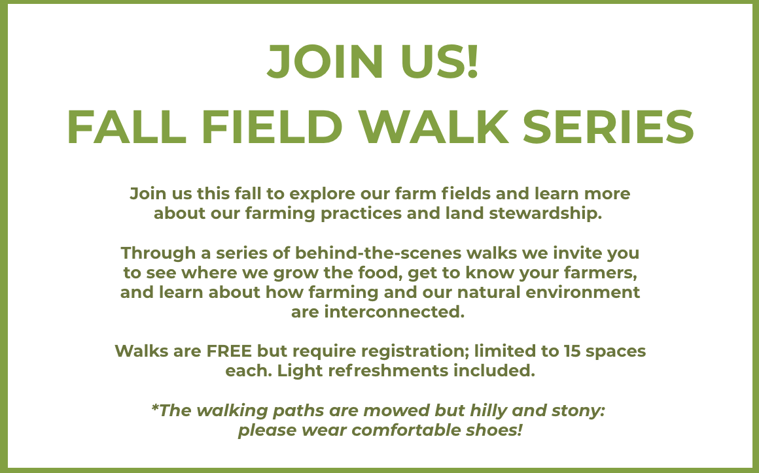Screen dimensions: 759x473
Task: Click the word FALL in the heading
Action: [x=127, y=127]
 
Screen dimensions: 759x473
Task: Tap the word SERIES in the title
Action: [x=609, y=127]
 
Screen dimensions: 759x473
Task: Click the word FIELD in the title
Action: [x=272, y=127]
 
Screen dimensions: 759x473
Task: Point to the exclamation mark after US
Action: [x=473, y=61]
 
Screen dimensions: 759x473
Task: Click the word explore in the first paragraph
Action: [x=323, y=194]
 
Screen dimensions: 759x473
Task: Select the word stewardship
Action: [x=546, y=214]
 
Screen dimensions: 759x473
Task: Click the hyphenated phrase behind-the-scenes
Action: [x=378, y=253]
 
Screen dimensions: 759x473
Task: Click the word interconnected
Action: [x=394, y=312]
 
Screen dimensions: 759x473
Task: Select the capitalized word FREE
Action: [x=229, y=351]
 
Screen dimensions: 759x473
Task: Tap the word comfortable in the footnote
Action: [x=406, y=431]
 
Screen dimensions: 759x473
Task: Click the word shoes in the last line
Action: [x=492, y=431]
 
